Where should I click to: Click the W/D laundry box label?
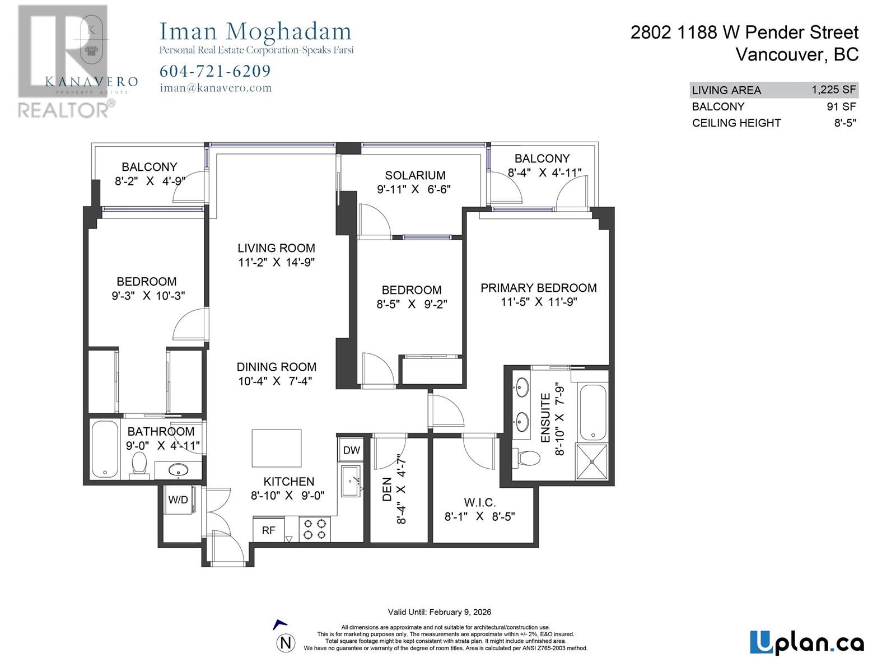[x=178, y=500]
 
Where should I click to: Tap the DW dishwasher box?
[x=351, y=450]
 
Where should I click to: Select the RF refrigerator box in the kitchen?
[x=268, y=530]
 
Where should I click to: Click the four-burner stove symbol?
[x=314, y=529]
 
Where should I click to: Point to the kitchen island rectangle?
[x=277, y=448]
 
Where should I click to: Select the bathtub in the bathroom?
[x=105, y=449]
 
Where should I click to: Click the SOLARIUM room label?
[x=415, y=175]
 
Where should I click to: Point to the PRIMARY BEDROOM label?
[x=538, y=288]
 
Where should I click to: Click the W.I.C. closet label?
[x=479, y=502]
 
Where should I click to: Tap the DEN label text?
[x=387, y=489]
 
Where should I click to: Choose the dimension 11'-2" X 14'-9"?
[x=276, y=262]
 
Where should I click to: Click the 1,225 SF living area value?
[x=833, y=90]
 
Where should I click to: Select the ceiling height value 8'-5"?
[x=844, y=123]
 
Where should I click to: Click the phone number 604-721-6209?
[x=215, y=71]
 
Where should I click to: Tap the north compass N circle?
[x=286, y=643]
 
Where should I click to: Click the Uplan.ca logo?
[x=806, y=643]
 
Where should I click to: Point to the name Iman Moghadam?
[x=255, y=31]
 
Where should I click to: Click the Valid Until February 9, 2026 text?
[x=439, y=612]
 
